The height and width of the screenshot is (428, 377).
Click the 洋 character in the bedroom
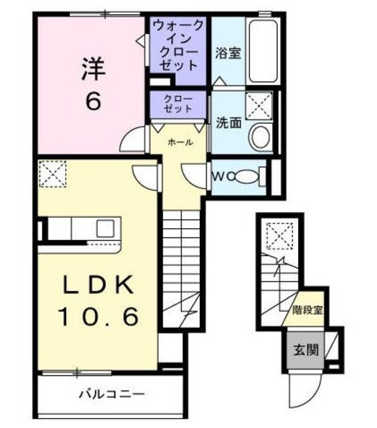tap(92, 69)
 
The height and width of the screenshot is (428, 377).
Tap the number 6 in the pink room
tap(92, 101)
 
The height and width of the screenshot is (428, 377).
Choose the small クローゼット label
tap(178, 104)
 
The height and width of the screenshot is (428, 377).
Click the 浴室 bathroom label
tap(228, 54)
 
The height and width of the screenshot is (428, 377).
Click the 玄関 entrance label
tap(303, 350)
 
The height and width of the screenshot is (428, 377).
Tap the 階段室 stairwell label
tap(307, 310)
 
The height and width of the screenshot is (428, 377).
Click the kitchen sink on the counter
tap(106, 229)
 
